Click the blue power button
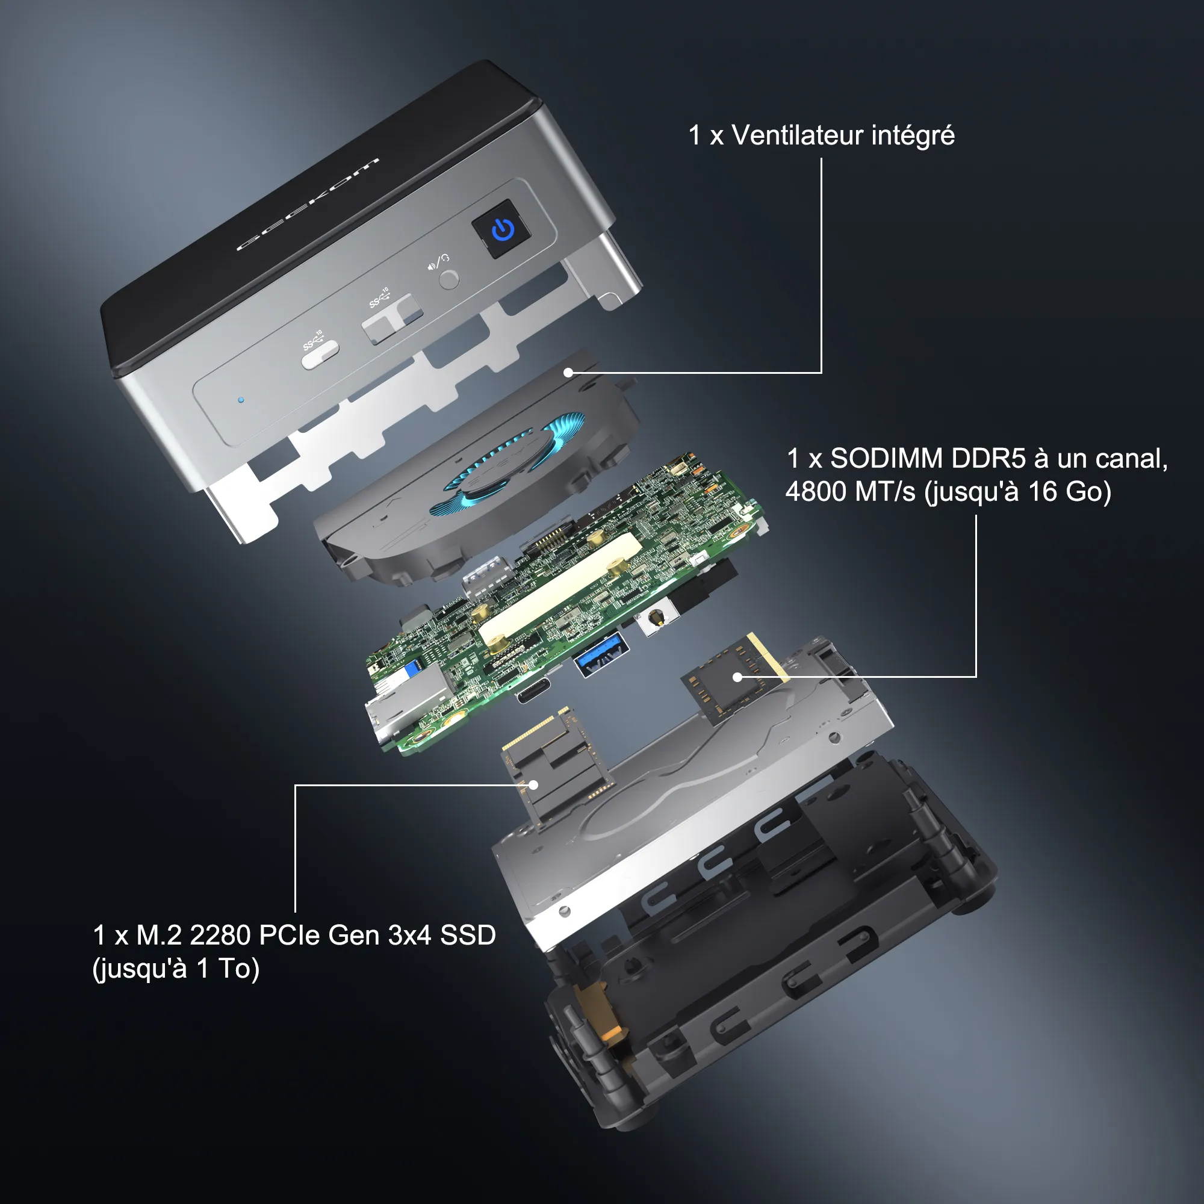tap(502, 229)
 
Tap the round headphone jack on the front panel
tap(448, 279)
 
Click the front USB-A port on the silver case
tap(392, 318)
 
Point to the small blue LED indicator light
tap(241, 400)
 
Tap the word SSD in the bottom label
tap(467, 935)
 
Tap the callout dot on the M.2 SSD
tap(533, 784)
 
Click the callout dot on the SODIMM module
tap(737, 677)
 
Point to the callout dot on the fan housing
tap(568, 373)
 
